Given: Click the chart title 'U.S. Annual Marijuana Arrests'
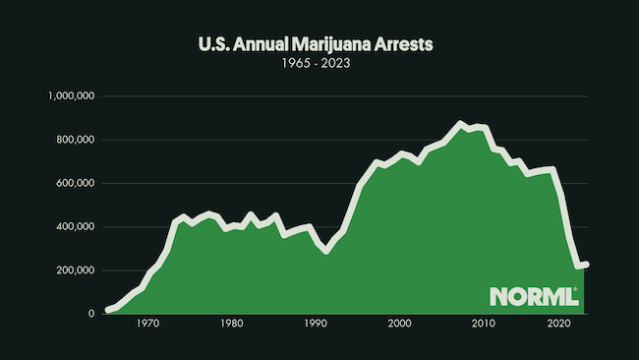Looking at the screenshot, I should point(319,44).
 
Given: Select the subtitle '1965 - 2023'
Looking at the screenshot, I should point(319,65).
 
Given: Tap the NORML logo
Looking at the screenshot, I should point(533,296).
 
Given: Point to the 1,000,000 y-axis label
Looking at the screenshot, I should point(70,96).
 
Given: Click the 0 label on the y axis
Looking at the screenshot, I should point(90,313).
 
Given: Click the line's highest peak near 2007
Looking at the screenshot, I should point(460,124).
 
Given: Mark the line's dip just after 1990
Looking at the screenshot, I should point(326,251).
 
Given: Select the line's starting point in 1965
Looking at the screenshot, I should point(107,310).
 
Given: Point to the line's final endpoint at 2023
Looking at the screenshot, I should point(585,264).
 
